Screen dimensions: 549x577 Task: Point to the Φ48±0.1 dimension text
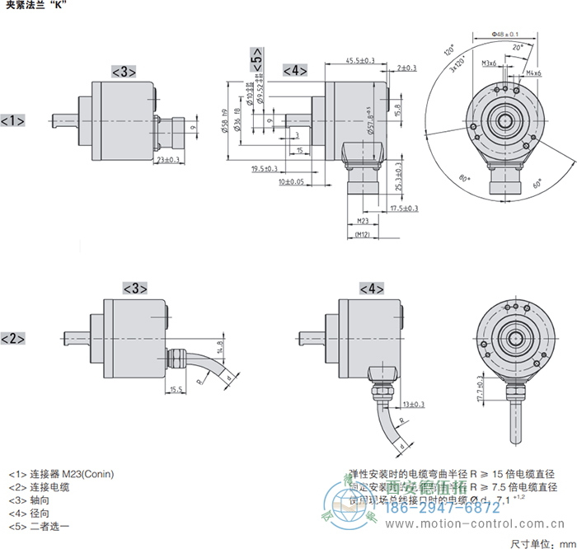[x=504, y=34]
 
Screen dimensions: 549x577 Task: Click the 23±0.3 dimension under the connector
[x=168, y=160]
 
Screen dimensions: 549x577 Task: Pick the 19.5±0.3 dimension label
[x=265, y=169]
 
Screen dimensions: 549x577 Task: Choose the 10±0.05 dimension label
[x=291, y=181]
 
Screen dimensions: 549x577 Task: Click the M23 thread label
[x=362, y=222]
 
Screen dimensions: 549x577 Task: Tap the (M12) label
[x=362, y=236]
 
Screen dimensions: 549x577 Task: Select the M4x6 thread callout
[x=533, y=74]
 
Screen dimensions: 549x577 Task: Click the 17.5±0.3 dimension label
[x=404, y=209]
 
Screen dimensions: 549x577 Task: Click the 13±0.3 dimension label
[x=415, y=404]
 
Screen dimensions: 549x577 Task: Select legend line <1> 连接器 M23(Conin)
[x=61, y=474]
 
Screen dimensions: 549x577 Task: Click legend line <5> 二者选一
[x=40, y=525]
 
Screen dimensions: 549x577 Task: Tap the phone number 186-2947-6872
[x=453, y=508]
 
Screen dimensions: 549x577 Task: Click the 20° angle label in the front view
[x=517, y=49]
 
